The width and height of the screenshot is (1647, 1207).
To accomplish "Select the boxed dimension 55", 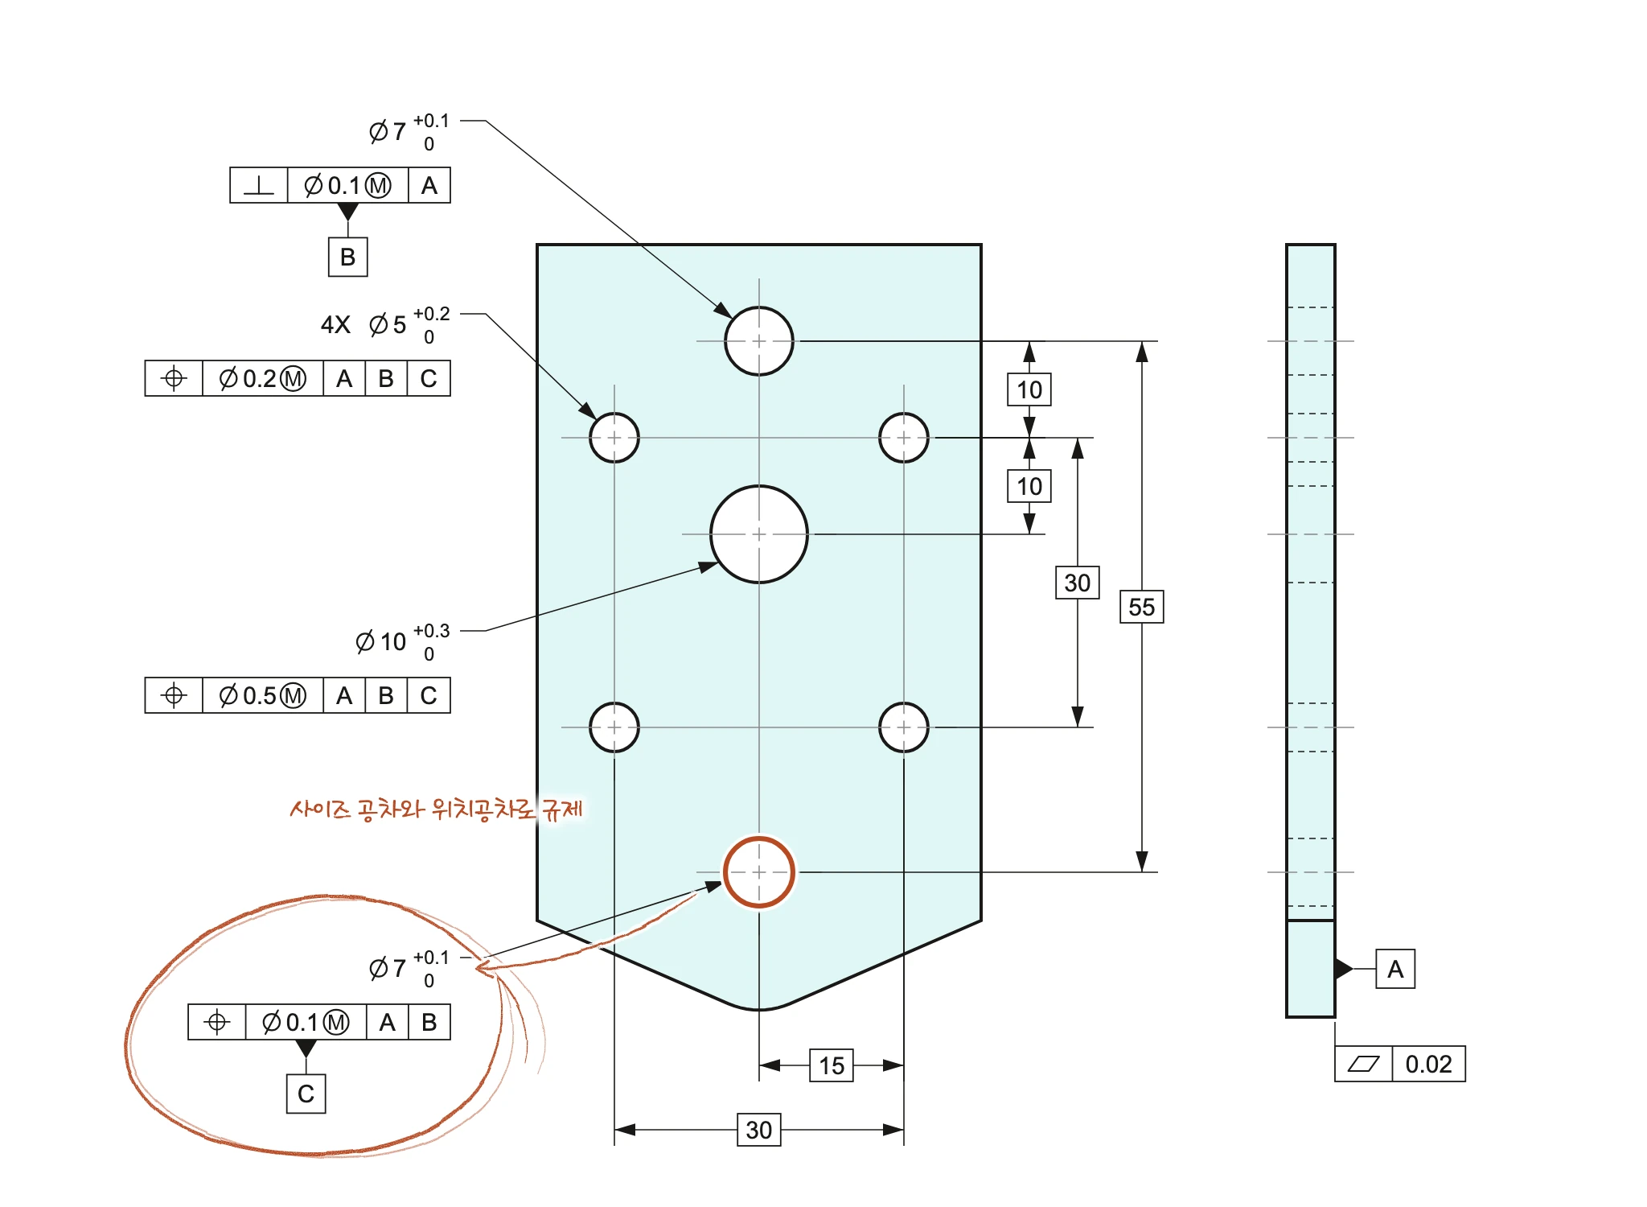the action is click(1141, 607).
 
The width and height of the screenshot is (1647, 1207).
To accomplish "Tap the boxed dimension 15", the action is click(832, 1065).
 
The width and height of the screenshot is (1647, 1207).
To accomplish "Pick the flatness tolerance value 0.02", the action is click(1428, 1064).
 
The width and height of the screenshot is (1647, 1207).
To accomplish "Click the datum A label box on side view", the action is click(1395, 969).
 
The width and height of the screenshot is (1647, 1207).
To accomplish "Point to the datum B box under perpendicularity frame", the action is click(347, 257).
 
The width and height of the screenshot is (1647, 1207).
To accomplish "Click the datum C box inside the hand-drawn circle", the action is click(306, 1094).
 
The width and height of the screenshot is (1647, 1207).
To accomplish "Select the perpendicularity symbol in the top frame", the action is click(258, 185).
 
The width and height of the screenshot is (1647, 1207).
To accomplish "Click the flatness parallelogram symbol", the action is click(1363, 1064).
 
